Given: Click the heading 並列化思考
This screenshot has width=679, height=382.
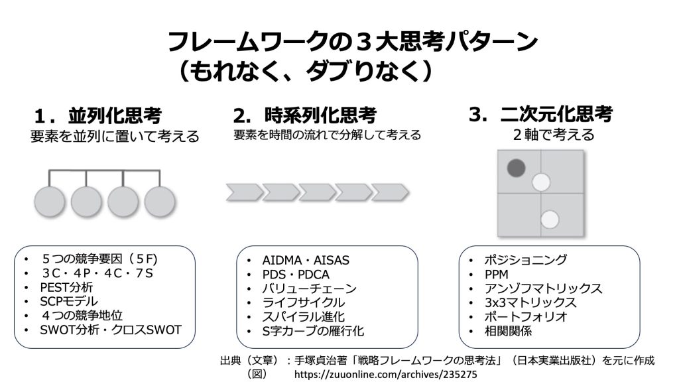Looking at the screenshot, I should click(116, 115).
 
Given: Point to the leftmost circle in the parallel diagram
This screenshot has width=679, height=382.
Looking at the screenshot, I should click(50, 200).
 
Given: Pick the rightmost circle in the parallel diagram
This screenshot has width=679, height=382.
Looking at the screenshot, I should click(161, 200).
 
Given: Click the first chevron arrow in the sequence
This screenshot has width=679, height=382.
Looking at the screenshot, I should click(243, 192).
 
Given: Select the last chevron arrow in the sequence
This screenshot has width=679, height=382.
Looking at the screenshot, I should click(389, 192).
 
